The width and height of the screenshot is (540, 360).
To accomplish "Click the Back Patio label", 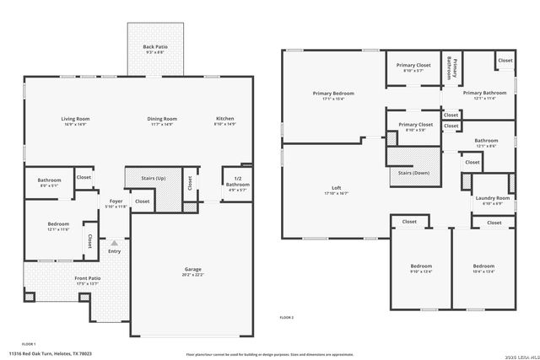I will pos(148,46).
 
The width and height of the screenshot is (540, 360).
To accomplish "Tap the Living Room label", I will pos(75,121).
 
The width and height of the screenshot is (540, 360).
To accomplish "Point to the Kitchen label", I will pos(225,121).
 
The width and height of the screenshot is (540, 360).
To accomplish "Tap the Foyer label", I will pos(116,202).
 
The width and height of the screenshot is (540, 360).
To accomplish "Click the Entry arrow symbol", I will pos(114,241).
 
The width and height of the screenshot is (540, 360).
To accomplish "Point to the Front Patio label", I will pos(87,280).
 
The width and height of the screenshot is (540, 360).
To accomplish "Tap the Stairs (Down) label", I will pos(414,173).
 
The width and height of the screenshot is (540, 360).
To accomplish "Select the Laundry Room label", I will pos(492,199).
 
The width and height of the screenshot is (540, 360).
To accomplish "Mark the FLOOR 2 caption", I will pos(287,317).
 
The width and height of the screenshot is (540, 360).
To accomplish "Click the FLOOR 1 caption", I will pos(29,343).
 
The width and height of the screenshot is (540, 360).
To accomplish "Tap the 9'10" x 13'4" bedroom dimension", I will pos(420,271).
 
